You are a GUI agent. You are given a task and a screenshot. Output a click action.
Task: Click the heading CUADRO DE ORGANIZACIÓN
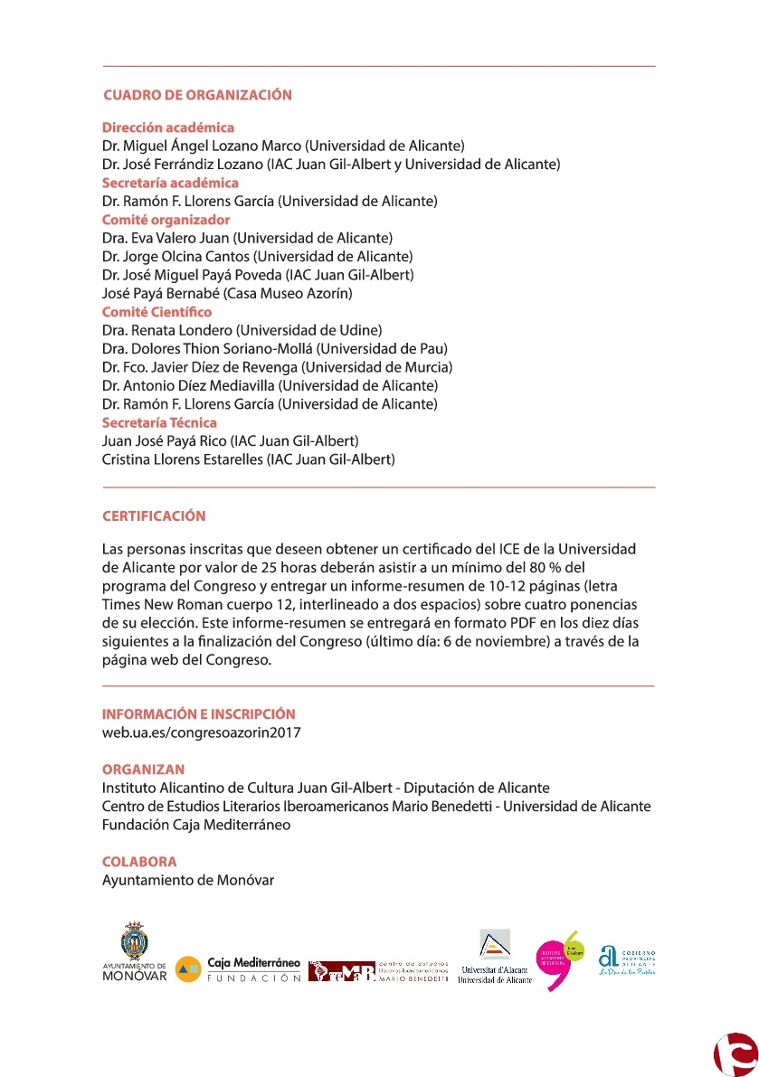pyautogui.click(x=197, y=95)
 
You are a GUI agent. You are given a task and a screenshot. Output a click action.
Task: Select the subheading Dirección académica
pyautogui.click(x=168, y=128)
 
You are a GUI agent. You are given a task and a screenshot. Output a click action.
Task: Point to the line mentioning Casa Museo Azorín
pyautogui.click(x=227, y=293)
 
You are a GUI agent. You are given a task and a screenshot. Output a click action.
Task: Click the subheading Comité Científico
pyautogui.click(x=157, y=312)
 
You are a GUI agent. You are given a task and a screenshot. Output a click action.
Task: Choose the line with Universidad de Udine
pyautogui.click(x=242, y=330)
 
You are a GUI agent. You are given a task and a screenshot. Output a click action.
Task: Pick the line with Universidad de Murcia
pyautogui.click(x=277, y=367)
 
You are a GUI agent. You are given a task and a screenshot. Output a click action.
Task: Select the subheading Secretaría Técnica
pyautogui.click(x=159, y=422)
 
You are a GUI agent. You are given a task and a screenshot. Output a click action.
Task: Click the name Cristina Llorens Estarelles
pyautogui.click(x=249, y=459)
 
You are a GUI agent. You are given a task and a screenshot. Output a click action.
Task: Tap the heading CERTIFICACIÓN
pyautogui.click(x=154, y=516)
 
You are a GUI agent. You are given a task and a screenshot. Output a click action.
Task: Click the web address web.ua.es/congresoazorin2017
pyautogui.click(x=201, y=732)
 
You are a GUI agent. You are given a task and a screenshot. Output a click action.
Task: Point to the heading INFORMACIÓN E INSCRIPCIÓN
pyautogui.click(x=198, y=714)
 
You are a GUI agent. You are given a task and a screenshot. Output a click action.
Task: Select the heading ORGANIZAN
pyautogui.click(x=143, y=770)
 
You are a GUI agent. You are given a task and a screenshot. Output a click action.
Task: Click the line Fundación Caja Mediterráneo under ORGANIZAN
pyautogui.click(x=196, y=825)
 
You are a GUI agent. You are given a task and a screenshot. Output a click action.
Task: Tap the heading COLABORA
pyautogui.click(x=139, y=862)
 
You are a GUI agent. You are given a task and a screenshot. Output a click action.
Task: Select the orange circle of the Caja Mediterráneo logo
pyautogui.click(x=188, y=968)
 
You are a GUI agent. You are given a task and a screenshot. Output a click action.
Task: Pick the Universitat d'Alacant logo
pyautogui.click(x=494, y=956)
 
